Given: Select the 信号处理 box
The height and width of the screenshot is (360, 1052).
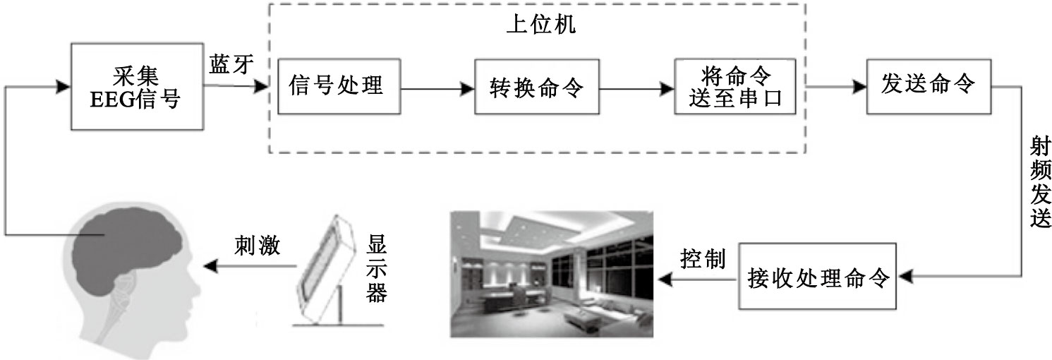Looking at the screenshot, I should pos(338,87).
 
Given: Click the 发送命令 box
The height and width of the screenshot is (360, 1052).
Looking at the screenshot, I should pos(929,86).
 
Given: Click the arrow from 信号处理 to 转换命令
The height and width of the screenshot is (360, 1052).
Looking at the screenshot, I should pos(437,89).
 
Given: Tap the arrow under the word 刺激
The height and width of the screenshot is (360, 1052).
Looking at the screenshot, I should pos(250,266).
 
